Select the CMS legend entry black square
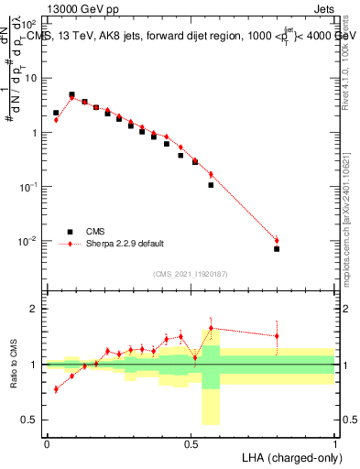[68, 232]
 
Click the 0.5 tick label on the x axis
[191, 442]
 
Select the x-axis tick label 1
[334, 442]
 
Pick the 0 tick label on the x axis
[47, 442]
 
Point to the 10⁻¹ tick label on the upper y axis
[30, 187]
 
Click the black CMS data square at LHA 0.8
[277, 248]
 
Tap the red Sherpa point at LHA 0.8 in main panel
[277, 241]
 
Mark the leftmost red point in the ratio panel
[56, 389]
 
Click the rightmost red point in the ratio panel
[277, 336]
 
